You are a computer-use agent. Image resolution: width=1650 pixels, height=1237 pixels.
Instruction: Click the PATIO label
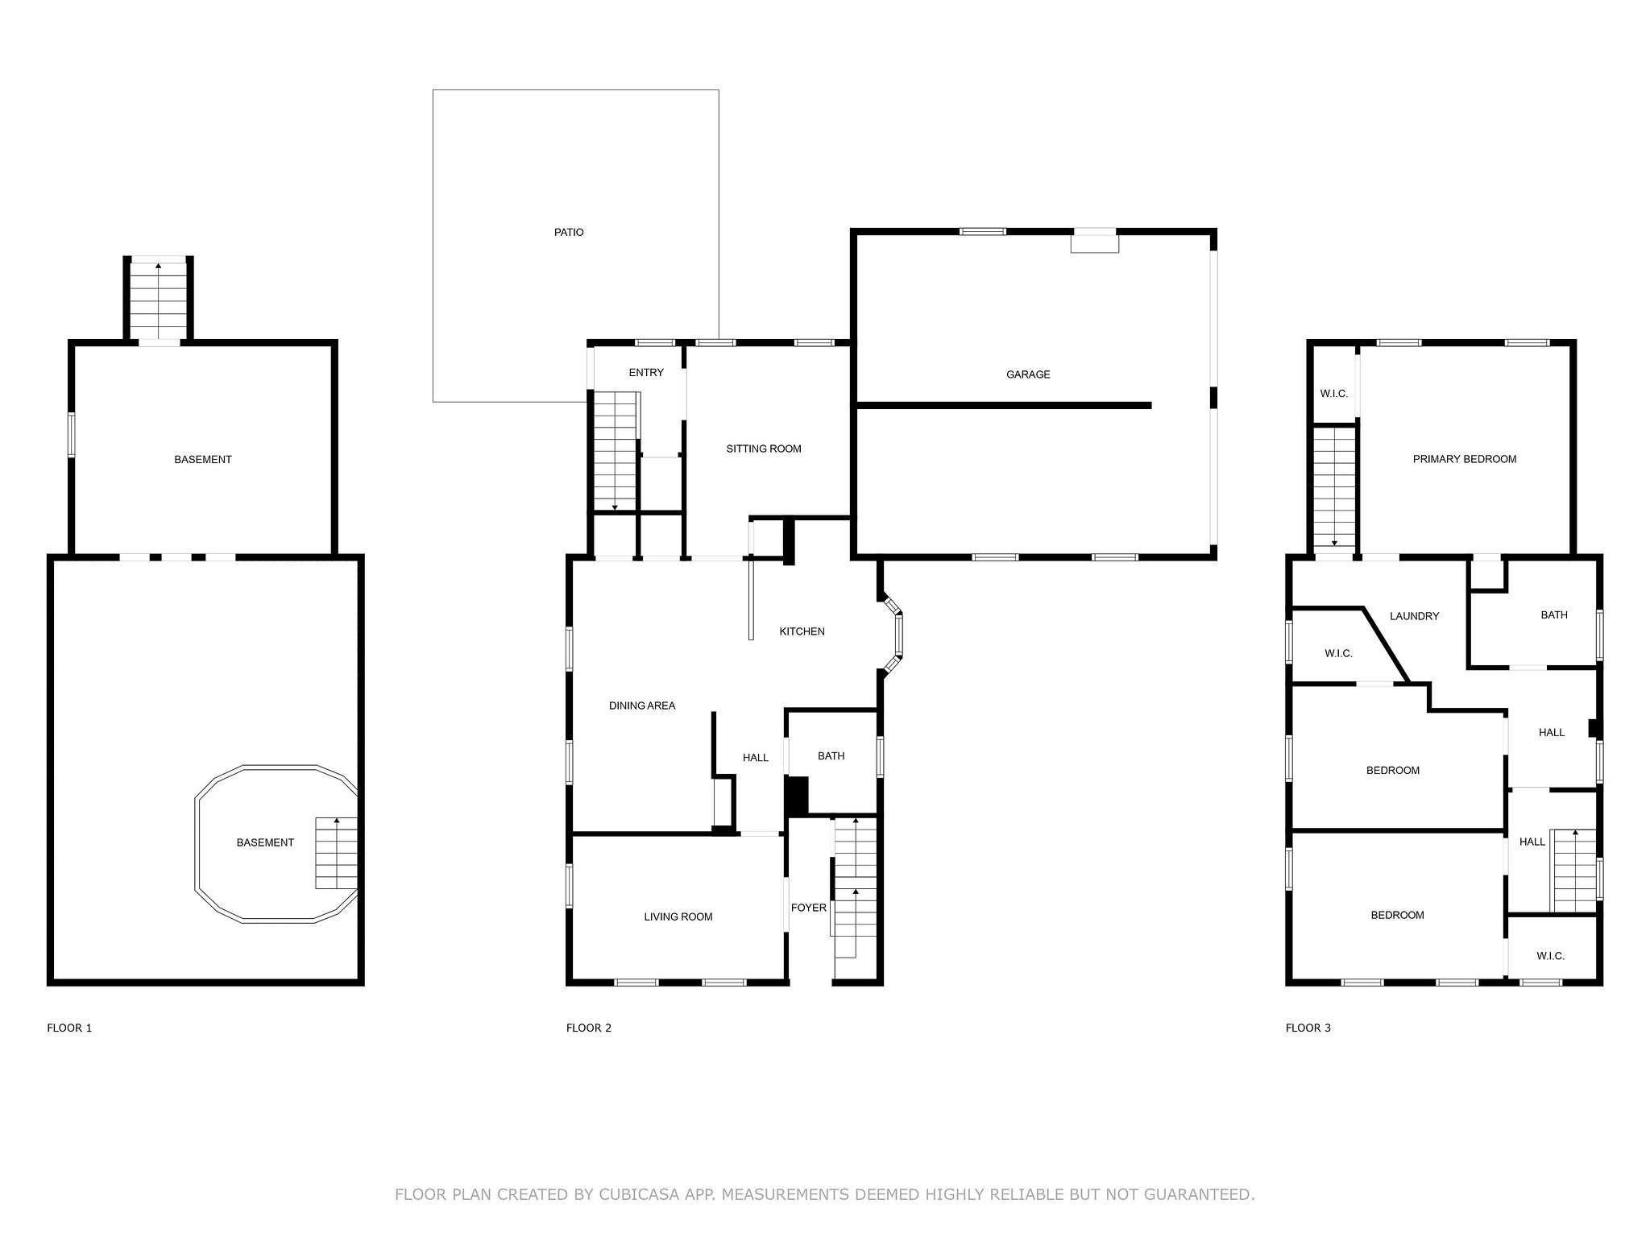click(x=569, y=232)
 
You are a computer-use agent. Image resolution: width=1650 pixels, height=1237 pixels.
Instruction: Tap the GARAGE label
click(x=1028, y=374)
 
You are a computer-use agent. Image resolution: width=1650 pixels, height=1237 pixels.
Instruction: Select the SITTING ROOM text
click(x=764, y=449)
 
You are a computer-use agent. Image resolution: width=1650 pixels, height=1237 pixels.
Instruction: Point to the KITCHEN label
click(x=802, y=631)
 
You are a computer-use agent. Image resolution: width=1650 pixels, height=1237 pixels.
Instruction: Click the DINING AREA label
click(x=642, y=705)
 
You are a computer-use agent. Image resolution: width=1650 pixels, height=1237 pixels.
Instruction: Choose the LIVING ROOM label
click(x=678, y=916)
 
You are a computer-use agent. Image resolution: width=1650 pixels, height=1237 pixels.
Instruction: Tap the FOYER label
click(x=808, y=908)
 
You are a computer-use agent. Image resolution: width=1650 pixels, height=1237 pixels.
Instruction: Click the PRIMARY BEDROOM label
click(x=1465, y=459)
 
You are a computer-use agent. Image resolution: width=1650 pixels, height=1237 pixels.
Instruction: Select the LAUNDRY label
click(x=1414, y=616)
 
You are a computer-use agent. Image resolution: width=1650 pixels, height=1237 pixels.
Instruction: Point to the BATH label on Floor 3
click(x=1554, y=614)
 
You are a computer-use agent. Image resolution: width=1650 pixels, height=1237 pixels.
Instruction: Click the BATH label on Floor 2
click(x=831, y=756)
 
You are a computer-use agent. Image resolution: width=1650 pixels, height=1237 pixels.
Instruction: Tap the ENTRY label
click(x=646, y=372)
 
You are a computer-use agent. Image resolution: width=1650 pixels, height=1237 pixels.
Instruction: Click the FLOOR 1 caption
click(x=69, y=1028)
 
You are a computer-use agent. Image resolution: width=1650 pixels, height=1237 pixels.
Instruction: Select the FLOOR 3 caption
click(x=1308, y=1028)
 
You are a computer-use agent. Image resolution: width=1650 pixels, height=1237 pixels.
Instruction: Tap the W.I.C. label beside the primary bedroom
click(x=1334, y=394)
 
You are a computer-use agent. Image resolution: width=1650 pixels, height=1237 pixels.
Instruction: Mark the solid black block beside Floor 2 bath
click(x=797, y=796)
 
